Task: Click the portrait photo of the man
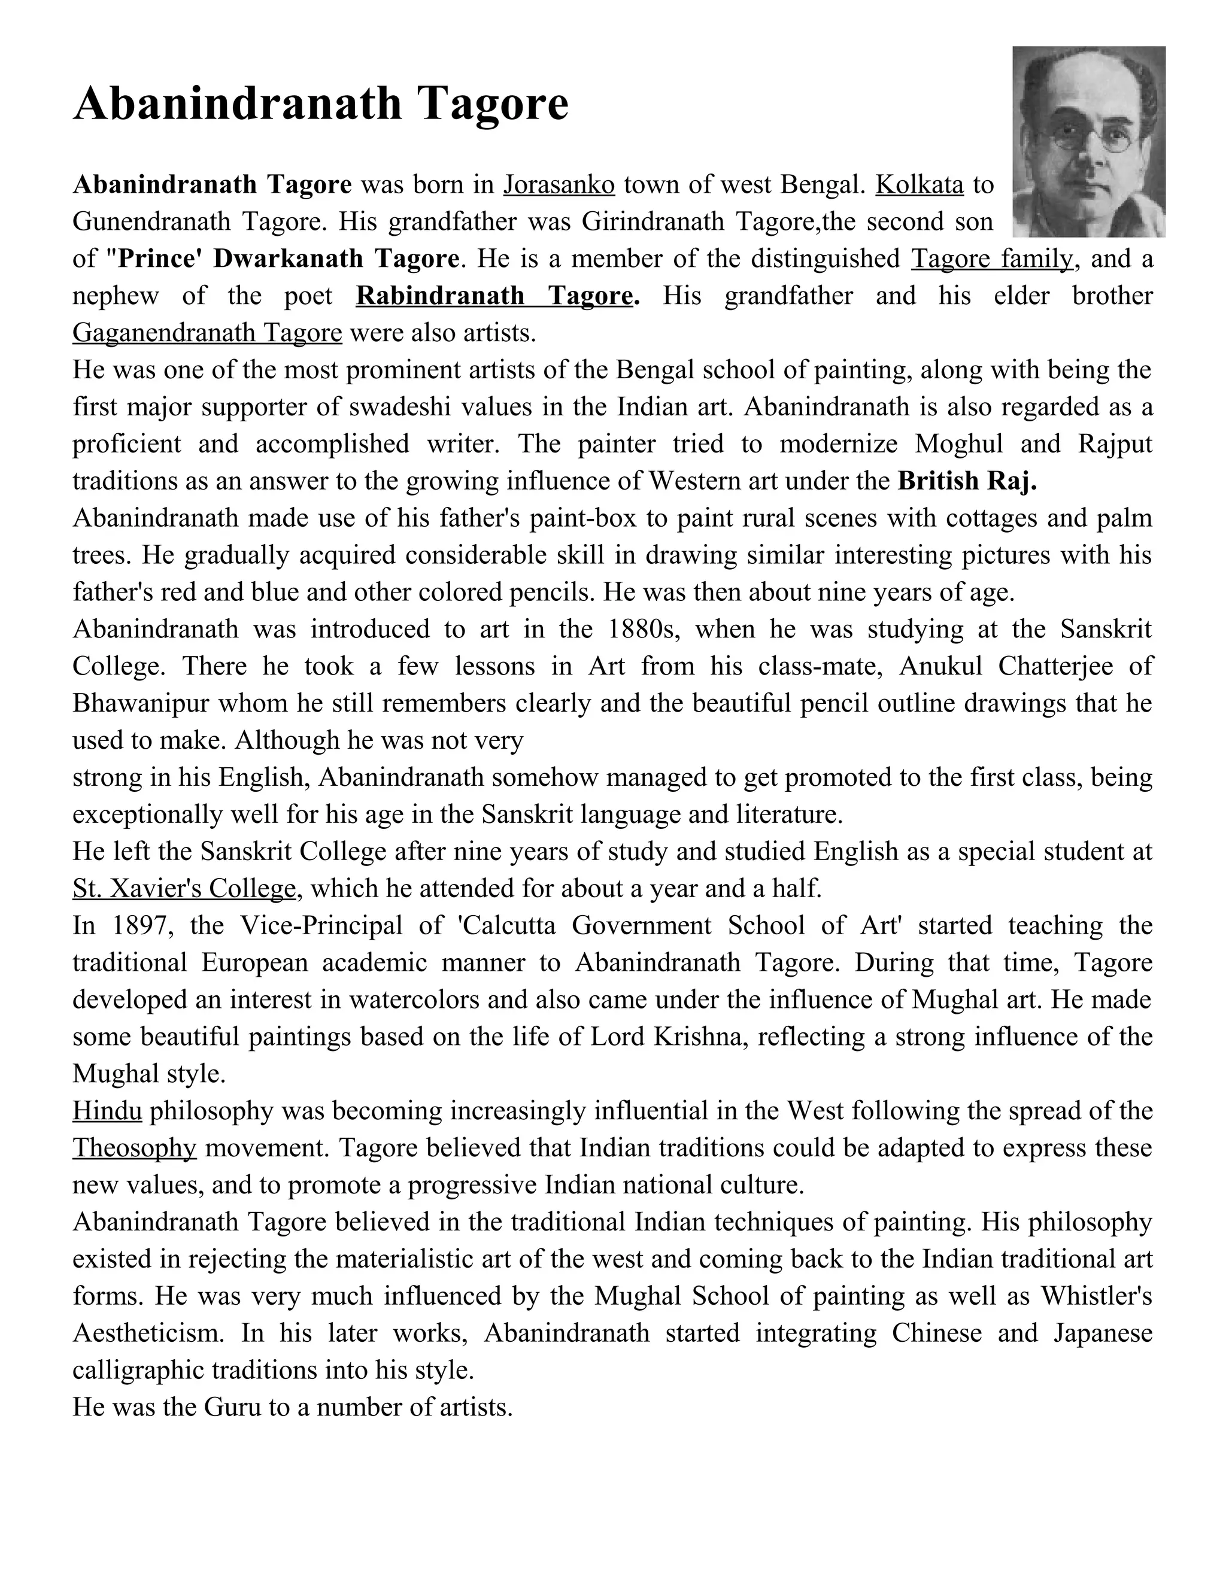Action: point(1088,142)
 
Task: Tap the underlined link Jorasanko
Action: point(559,184)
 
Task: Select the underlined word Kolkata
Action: point(919,184)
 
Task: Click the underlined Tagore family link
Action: point(991,259)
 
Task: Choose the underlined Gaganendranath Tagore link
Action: point(207,333)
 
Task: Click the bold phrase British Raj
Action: point(967,481)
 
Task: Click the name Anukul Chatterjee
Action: point(1006,666)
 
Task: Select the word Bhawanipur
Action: point(140,703)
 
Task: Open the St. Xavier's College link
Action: point(184,888)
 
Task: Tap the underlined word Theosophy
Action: point(134,1147)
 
